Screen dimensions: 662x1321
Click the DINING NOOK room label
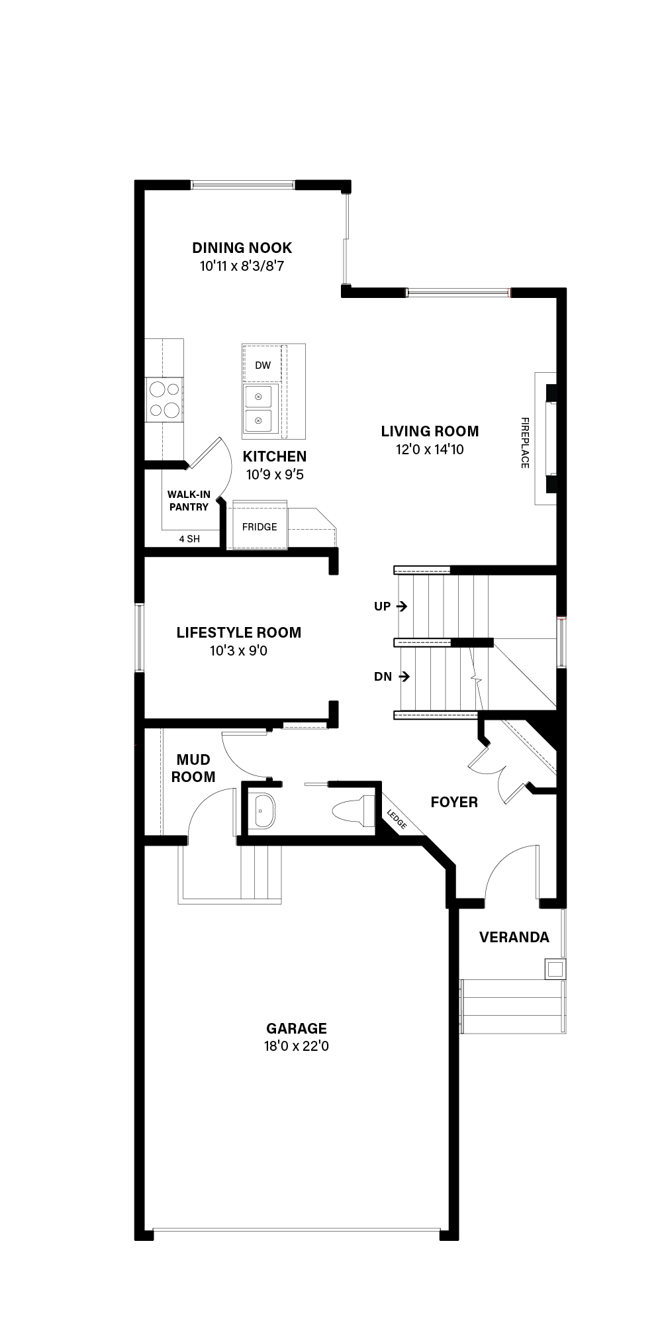242,248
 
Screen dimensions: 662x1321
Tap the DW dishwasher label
263,365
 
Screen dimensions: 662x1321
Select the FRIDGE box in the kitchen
260,526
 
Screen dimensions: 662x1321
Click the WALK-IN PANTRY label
189,501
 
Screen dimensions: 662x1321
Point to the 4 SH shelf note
189,539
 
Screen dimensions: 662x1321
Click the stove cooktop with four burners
164,399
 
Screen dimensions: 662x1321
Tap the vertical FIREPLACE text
525,442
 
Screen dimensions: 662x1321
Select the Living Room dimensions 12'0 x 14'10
430,450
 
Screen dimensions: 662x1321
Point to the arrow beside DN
404,676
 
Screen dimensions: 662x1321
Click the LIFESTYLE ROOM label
239,632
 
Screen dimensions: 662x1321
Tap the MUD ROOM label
193,768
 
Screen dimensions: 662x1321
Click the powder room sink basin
263,810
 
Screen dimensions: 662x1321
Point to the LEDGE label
397,820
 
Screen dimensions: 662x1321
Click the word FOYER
454,803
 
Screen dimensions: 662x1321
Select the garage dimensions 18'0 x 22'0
297,1046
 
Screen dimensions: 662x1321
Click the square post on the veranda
555,969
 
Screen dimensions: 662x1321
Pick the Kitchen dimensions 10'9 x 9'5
275,475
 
